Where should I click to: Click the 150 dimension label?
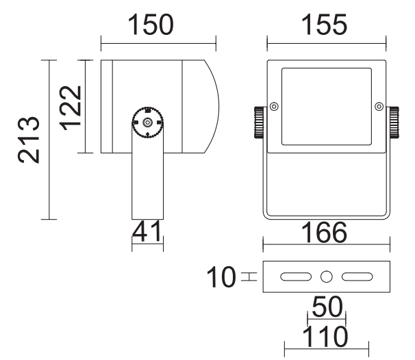pos(151,25)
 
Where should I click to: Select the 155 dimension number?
pos(324,25)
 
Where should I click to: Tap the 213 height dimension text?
pos(29,140)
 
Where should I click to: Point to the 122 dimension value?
pos(70,108)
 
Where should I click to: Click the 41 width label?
pos(147,232)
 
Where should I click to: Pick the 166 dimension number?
pos(324,233)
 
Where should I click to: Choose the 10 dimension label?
pos(221,277)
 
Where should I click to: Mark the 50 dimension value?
pos(327,307)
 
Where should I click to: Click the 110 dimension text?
pos(325,337)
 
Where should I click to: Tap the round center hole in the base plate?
pos(327,277)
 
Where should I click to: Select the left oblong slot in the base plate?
pos(296,277)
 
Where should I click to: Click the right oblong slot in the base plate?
pos(357,277)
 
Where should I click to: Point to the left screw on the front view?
pos(274,107)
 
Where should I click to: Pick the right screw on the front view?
pos(379,107)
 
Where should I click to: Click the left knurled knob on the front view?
pos(259,123)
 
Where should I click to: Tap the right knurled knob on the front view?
pos(394,123)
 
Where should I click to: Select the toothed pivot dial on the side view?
pos(147,123)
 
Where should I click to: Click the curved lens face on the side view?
pos(212,106)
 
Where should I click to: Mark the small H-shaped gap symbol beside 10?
pos(249,277)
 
